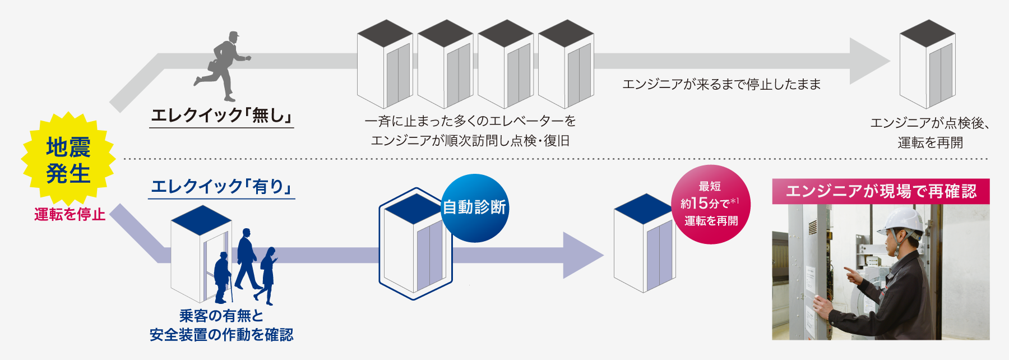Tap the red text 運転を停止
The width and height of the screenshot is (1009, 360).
click(70, 214)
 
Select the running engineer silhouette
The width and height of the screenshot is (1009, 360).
click(224, 66)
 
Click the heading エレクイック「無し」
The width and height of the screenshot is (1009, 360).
click(221, 116)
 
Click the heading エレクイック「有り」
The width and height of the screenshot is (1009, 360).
click(222, 187)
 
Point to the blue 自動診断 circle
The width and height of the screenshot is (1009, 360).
click(474, 208)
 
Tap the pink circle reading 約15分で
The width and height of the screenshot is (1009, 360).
click(710, 204)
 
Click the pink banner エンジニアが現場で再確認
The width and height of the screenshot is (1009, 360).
click(881, 191)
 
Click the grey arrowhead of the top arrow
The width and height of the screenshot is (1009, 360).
click(867, 61)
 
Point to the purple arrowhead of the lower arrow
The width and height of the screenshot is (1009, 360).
click(581, 255)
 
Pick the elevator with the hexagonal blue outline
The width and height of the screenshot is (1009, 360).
click(415, 244)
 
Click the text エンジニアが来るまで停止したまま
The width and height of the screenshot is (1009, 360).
click(721, 85)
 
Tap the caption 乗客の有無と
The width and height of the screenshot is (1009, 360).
click(221, 316)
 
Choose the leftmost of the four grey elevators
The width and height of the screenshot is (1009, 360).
click(385, 64)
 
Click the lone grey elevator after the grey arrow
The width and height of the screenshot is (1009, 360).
click(927, 64)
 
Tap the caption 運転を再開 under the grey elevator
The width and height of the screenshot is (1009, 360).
click(930, 142)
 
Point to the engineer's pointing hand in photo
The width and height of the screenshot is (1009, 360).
click(853, 275)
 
